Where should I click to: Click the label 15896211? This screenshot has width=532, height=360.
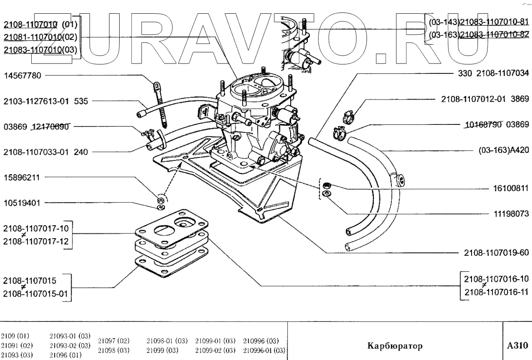point(22,176)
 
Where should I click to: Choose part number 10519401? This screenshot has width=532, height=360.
point(22,202)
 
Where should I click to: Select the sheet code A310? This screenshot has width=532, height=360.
point(517,345)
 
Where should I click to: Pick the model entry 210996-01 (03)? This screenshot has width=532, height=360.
point(264,350)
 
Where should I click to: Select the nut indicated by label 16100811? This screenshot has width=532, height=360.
point(326,186)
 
